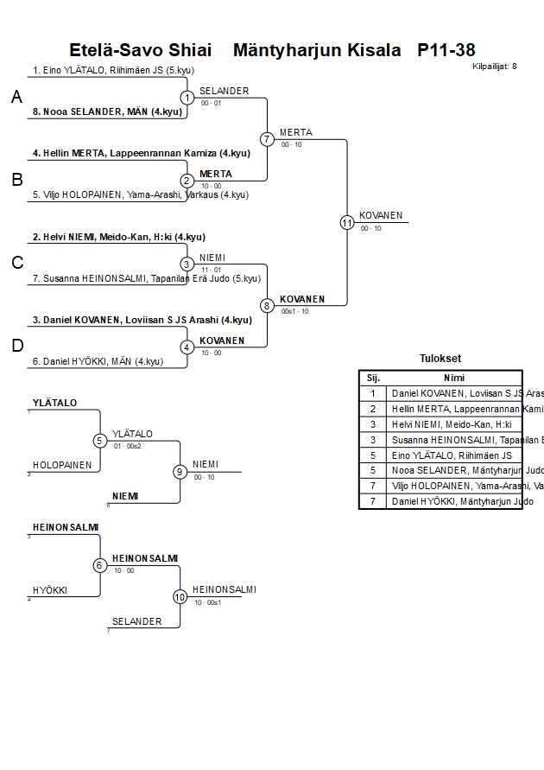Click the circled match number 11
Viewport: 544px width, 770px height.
pos(347,222)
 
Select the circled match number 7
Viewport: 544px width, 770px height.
pos(267,139)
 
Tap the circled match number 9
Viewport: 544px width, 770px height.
pos(180,472)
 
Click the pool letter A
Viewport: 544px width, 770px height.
pos(16,99)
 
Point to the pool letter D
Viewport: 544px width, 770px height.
pos(16,347)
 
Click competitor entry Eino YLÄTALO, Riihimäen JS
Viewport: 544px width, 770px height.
pos(104,70)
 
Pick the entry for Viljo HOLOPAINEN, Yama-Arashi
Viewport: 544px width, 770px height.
pos(141,194)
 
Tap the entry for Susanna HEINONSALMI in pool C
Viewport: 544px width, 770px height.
pos(147,278)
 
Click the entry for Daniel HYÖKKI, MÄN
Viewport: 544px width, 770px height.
pos(98,361)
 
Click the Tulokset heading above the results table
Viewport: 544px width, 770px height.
pos(440,359)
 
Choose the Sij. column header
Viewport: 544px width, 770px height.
pos(373,378)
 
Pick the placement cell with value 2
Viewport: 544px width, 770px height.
pos(373,409)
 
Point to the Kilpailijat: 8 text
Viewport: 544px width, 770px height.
pos(495,66)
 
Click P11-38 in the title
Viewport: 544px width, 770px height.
pos(446,50)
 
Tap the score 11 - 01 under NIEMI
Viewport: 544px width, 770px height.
pos(211,270)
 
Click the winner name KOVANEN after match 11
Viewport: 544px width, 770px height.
pos(381,215)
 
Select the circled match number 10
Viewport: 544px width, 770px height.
pos(180,596)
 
